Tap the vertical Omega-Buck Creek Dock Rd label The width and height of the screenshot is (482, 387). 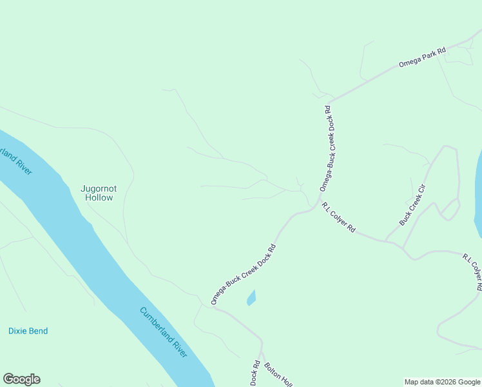coord(330,148)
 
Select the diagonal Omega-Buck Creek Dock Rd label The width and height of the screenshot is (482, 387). coord(244,274)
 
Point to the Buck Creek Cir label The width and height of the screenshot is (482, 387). coord(413,204)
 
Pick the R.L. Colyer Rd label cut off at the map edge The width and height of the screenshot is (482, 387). coord(473,272)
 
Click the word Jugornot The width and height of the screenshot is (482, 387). coord(99,188)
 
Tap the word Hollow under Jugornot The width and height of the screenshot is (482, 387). coord(99,198)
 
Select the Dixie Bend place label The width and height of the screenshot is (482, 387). coord(28,331)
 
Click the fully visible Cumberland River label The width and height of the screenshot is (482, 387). coord(164,332)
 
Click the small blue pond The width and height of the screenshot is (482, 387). coord(251,298)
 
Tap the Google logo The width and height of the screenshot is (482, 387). coord(21,379)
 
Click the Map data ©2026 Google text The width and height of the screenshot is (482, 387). coord(442,382)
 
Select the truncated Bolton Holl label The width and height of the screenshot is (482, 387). coord(278,375)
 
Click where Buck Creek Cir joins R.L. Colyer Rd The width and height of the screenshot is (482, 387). coord(387,241)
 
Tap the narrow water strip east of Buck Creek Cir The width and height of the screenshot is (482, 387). coord(478,193)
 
